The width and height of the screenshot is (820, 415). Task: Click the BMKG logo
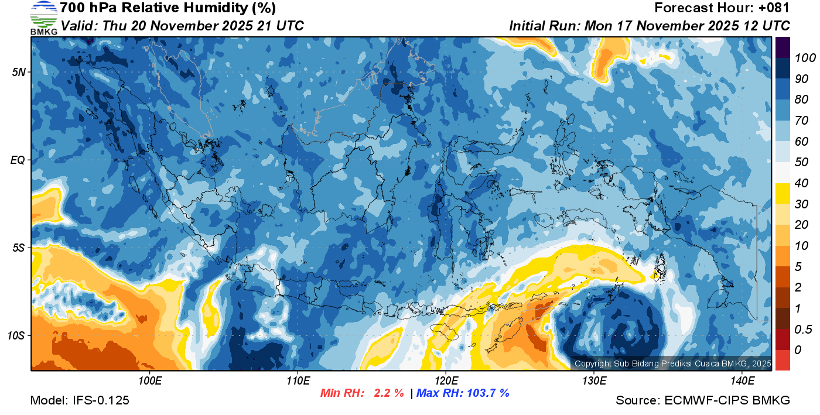coord(43,18)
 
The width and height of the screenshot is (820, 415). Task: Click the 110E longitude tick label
coord(298,381)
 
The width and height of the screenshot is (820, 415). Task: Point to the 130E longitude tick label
coord(593,381)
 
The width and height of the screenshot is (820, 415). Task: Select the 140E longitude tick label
coord(742,381)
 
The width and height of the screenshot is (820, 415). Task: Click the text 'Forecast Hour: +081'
coord(722,8)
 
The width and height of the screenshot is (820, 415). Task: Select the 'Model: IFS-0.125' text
coord(80,400)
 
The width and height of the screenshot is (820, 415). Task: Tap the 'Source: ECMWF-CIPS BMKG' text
coord(703,400)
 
